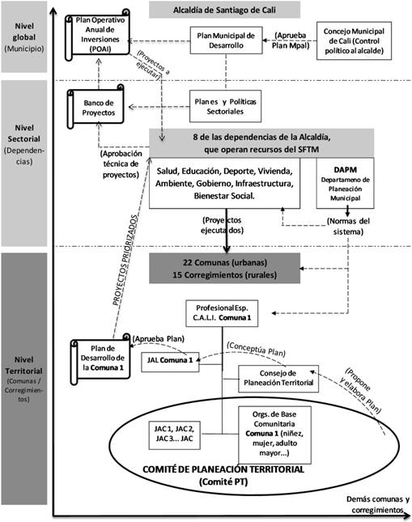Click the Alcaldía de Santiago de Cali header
224,11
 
